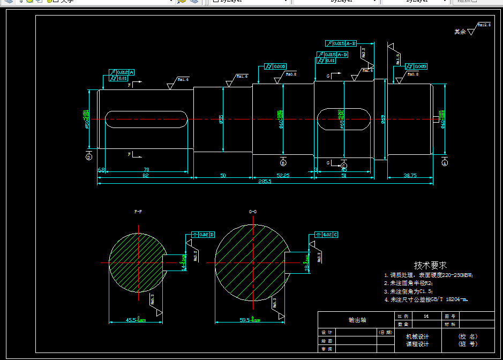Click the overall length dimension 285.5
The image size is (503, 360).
[x=265, y=181]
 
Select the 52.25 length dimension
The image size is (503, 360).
[x=283, y=175]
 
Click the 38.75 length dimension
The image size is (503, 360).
[x=410, y=175]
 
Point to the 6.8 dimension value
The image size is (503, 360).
[x=101, y=170]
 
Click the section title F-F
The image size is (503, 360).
[x=138, y=212]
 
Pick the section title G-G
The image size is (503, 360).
[x=253, y=212]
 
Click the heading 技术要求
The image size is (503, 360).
[x=430, y=265]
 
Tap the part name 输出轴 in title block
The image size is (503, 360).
[x=357, y=320]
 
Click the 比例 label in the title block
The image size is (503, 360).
[x=403, y=316]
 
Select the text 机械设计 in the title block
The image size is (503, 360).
[x=417, y=336]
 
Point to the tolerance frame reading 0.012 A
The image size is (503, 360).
[x=122, y=72]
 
